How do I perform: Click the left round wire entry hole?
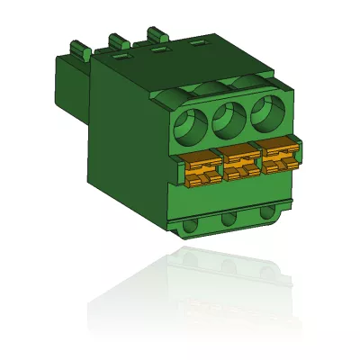click(191, 126)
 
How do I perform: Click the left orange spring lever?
click(202, 169)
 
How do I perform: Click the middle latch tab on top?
click(118, 40)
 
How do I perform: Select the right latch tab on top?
click(156, 34)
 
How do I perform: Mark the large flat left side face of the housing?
click(126, 144)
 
